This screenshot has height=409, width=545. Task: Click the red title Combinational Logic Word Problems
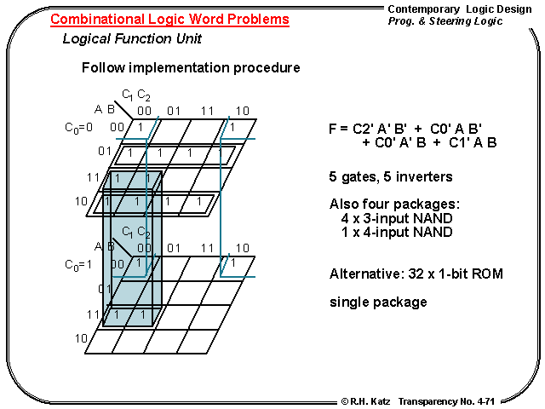(169, 20)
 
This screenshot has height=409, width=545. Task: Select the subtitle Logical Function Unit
(132, 39)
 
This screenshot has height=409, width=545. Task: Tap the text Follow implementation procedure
(190, 67)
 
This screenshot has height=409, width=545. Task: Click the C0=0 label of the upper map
(78, 128)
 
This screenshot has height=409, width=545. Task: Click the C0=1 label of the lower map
(78, 265)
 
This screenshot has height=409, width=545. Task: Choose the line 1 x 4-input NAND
(396, 232)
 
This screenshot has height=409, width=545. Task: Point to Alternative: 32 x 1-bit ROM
(416, 274)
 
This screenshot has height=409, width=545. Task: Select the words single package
(378, 302)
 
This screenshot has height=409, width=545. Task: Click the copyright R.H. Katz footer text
(365, 400)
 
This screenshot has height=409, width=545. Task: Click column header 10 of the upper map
(242, 110)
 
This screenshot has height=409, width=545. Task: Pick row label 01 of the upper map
(105, 152)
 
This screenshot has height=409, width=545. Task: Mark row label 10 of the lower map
(81, 339)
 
